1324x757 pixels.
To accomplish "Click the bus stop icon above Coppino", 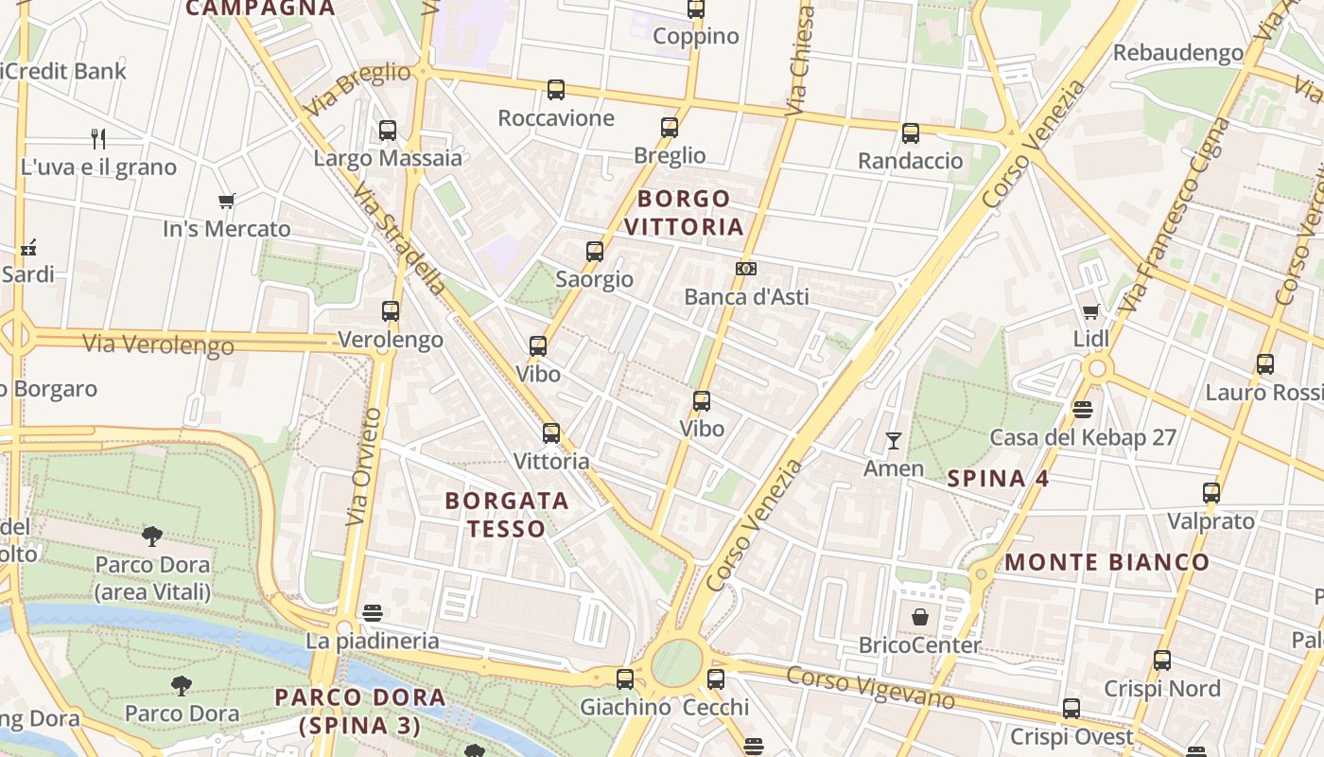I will point(696,9).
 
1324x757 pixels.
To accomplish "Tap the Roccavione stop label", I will point(556,118).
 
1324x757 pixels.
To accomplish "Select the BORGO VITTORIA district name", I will point(684,213).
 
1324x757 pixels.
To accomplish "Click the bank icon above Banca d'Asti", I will point(746,269).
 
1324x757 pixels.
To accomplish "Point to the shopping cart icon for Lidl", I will point(1090,311).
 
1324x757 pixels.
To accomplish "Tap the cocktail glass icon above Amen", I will point(893,440).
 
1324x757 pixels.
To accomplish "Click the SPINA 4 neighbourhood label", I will point(998,479).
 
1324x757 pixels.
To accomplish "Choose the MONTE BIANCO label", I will point(1106,562).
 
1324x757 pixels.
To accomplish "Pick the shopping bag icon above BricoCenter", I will point(920,618).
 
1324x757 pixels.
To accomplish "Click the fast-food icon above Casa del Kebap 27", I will point(1083,410).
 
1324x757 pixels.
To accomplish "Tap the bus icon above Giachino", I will point(624,678).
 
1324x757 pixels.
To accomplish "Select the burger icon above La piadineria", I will point(373,612).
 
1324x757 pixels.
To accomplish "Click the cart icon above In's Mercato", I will point(226,201).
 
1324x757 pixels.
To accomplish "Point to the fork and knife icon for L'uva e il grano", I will point(98,139).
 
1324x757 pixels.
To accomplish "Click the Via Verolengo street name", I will point(158,344).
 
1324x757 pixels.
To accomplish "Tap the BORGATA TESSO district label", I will point(507,514).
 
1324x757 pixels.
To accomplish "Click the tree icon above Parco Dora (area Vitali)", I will point(151,537).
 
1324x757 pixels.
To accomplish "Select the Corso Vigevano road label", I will point(870,687).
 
